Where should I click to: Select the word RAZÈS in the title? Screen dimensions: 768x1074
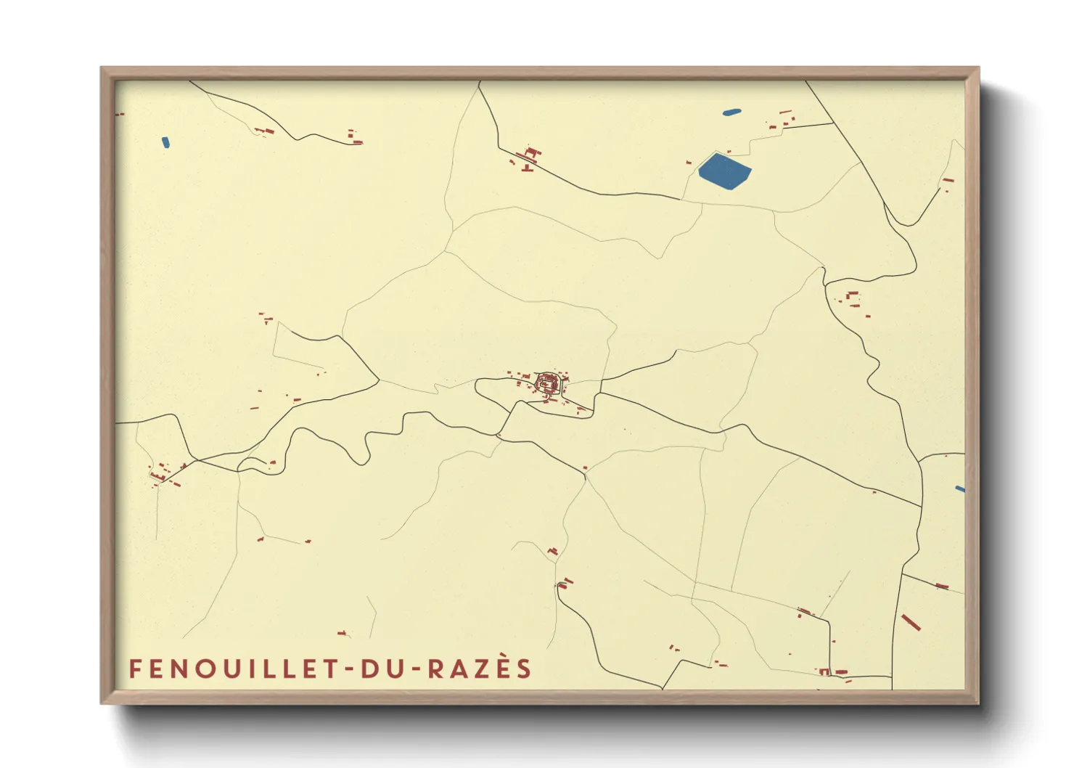point(479,669)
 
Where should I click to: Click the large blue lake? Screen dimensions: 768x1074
point(724,171)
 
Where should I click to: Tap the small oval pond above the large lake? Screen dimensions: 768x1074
point(731,113)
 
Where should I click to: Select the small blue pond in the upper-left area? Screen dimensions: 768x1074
point(165,142)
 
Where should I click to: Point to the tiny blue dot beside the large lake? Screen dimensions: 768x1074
point(689,163)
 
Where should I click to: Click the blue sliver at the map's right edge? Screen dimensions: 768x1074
point(960,489)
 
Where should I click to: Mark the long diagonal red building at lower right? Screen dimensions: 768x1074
point(911,622)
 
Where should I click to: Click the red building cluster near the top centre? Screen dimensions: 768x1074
point(530,156)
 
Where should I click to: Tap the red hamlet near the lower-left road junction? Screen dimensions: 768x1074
point(165,473)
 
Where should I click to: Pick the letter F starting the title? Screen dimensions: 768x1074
point(134,669)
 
